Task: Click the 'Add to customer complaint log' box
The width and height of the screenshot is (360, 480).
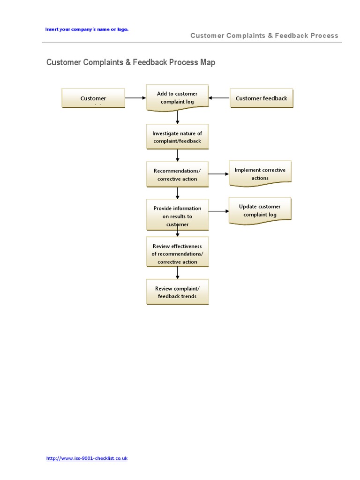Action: coord(177,97)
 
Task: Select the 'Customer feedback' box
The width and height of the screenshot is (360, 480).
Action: coord(261,98)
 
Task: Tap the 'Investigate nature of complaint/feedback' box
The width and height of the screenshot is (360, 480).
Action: coord(177,137)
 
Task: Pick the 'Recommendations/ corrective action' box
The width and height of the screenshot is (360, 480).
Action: coord(177,174)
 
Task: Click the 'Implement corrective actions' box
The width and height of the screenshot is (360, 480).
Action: coord(260,174)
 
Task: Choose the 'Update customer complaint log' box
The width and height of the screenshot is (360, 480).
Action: coord(260,210)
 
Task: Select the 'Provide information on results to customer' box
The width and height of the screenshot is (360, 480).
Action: coord(177,215)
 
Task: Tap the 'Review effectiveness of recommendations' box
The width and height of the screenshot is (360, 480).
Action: coord(177,253)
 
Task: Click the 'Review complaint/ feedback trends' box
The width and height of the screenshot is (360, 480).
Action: coord(177,292)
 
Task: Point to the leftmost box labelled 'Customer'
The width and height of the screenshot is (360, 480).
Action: coord(93,98)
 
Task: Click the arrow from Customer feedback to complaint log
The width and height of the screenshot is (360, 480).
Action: coord(219,98)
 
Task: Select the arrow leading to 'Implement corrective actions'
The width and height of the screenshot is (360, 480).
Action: coord(218,174)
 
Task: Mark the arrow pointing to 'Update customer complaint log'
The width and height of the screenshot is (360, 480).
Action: coord(218,211)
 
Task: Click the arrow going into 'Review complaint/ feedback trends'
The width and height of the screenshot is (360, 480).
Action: coord(178,273)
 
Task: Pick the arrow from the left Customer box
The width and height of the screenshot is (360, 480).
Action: coord(135,98)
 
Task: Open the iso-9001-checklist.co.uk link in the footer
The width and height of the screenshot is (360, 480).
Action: coord(87,458)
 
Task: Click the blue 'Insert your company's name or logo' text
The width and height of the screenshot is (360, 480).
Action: coord(87,29)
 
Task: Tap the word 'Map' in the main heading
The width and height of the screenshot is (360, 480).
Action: coord(208,62)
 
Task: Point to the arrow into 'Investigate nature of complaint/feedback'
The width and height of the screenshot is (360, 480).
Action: coord(178,117)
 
